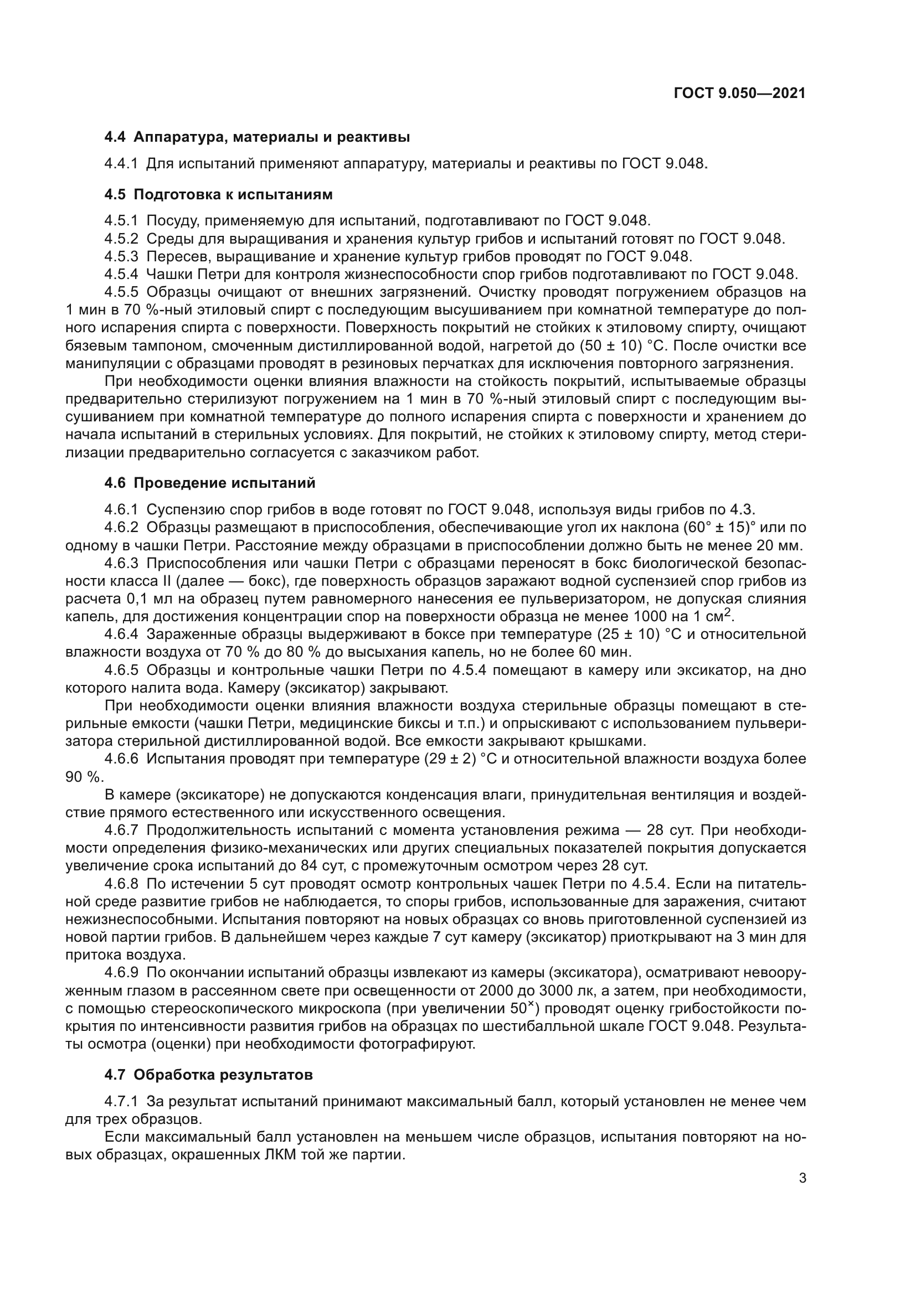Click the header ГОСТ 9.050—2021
click(739, 94)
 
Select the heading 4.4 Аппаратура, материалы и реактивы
click(256, 137)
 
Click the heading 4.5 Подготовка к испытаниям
click(218, 194)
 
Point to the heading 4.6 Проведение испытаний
click(210, 483)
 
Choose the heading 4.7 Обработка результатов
click(208, 1075)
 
